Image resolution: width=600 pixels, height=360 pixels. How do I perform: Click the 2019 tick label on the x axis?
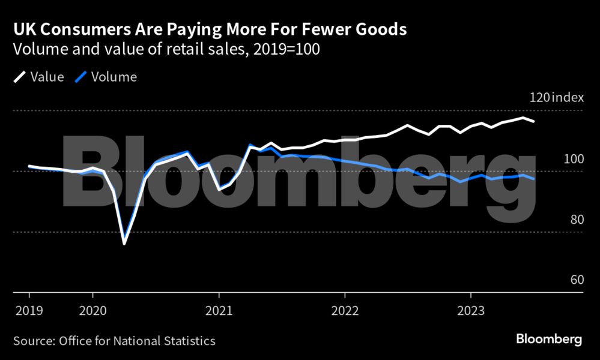29,311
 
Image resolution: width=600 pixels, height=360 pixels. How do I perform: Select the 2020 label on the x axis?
92,311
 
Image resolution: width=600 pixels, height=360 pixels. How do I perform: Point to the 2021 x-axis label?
219,311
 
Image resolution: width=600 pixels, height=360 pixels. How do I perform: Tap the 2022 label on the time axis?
345,311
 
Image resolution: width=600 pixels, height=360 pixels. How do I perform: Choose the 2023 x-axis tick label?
471,311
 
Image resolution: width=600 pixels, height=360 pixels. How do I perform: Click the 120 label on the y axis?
539,98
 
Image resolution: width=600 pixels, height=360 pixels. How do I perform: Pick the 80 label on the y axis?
577,219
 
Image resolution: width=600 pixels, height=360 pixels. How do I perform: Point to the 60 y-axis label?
577,280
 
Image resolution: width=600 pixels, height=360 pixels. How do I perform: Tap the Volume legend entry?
107,77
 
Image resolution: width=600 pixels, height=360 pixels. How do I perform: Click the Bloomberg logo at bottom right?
549,340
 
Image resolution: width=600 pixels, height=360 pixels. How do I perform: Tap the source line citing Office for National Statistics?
114,341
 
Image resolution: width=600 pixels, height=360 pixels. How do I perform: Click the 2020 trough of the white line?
124,244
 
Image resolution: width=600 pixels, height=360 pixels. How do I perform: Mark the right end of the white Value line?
535,122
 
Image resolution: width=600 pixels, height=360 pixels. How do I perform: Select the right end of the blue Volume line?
535,179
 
